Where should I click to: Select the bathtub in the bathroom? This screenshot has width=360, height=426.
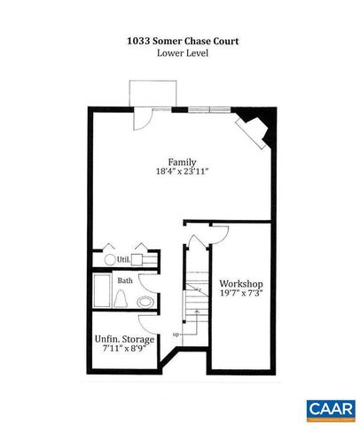click(x=103, y=291)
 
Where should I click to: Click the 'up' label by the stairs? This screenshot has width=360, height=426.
click(x=176, y=334)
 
